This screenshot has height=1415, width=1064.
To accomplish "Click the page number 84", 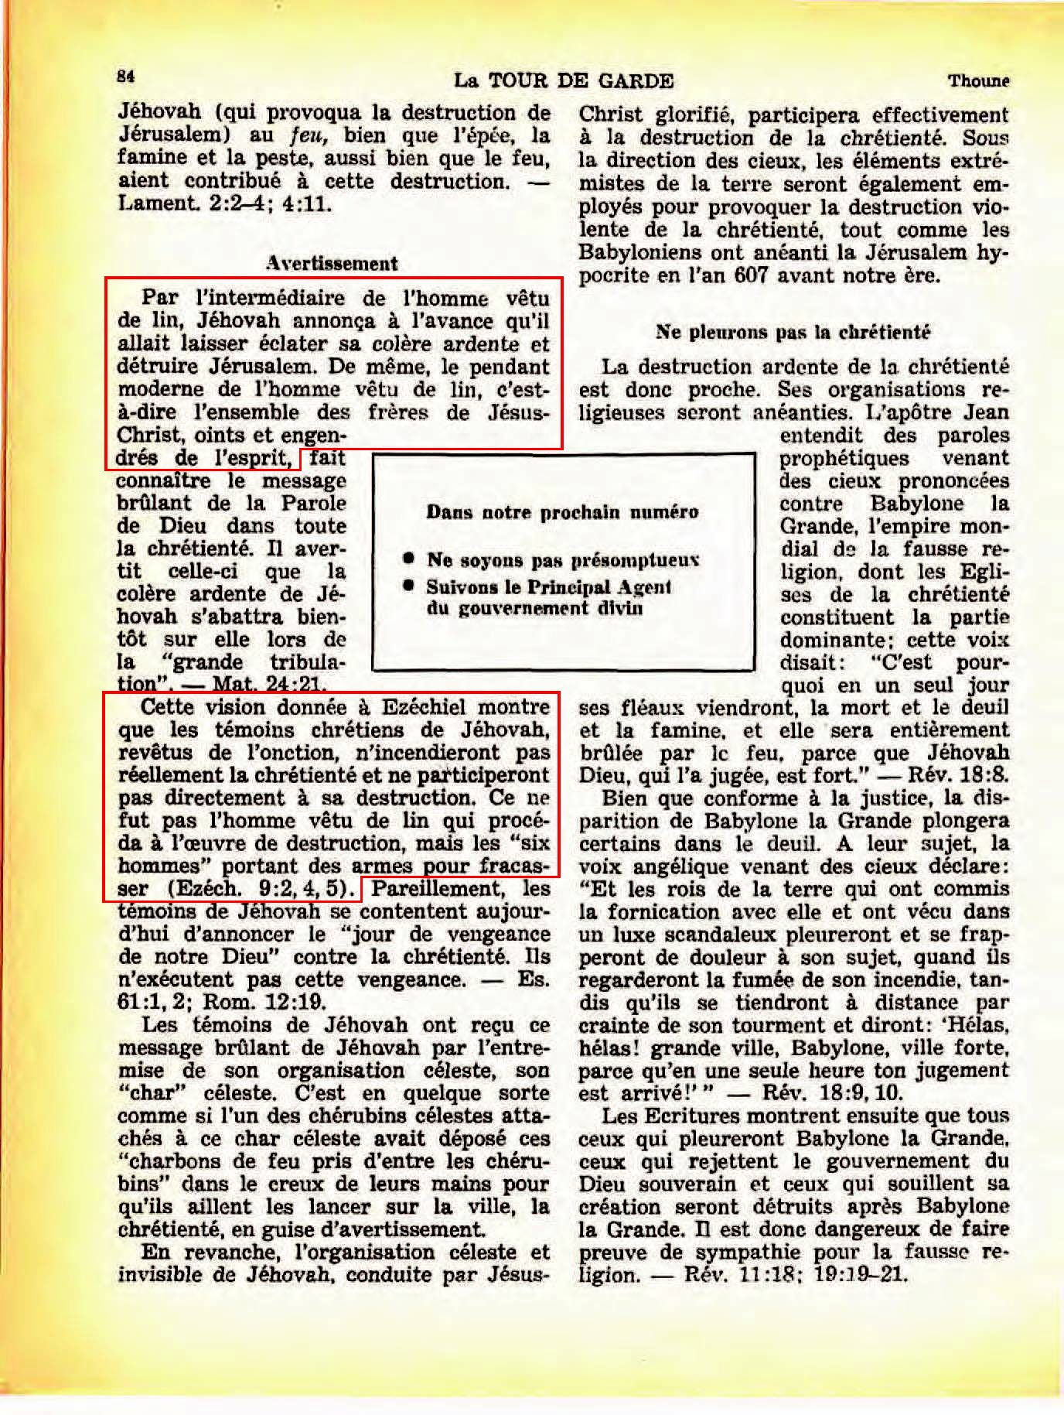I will (126, 77).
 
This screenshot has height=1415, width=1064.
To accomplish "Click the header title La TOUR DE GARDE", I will (563, 80).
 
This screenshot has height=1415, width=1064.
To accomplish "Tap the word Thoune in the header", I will (978, 80).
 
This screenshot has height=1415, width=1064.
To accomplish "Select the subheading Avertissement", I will (332, 263).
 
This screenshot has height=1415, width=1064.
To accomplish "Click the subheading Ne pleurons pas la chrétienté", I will (793, 332).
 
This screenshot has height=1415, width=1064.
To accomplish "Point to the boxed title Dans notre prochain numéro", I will (562, 512).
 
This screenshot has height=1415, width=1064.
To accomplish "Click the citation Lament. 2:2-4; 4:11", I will (224, 204).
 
